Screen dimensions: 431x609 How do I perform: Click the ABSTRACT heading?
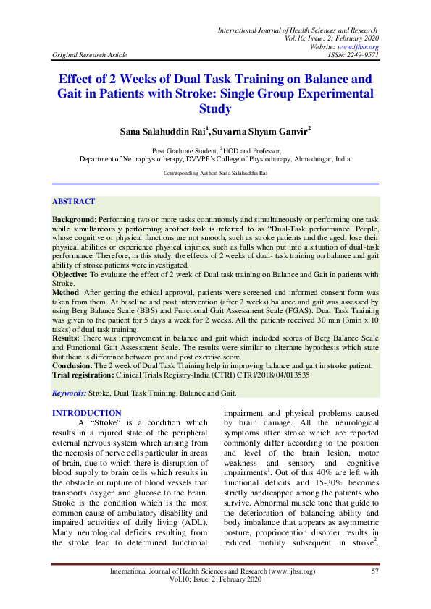(73, 202)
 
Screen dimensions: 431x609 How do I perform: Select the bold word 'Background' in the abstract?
(73, 218)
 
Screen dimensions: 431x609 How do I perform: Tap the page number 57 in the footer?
(375, 571)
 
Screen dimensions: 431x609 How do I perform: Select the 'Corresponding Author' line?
(215, 174)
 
